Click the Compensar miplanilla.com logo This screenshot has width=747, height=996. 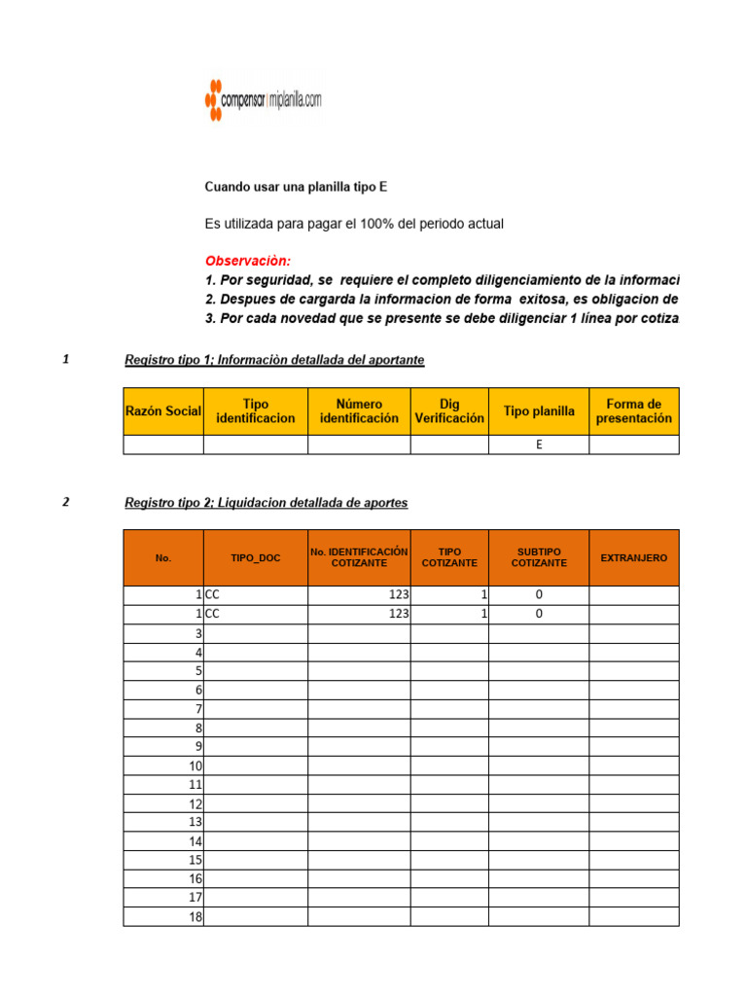tap(263, 98)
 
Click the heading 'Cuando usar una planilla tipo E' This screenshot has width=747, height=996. tap(296, 186)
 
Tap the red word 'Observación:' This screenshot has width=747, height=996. tap(247, 261)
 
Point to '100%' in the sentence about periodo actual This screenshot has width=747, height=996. tap(383, 224)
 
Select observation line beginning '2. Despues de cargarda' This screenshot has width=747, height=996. tap(442, 299)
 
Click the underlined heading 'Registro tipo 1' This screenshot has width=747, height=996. tap(274, 360)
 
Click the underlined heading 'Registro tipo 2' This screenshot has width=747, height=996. tap(267, 503)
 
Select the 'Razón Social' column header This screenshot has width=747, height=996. tap(163, 411)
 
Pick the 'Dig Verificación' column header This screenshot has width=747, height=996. tap(448, 411)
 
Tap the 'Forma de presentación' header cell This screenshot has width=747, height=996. tap(633, 411)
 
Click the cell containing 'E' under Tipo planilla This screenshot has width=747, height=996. tap(539, 445)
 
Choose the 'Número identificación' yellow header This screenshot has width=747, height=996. tap(359, 411)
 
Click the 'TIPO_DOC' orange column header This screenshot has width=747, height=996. tap(255, 558)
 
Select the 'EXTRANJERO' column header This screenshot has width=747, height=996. tap(633, 558)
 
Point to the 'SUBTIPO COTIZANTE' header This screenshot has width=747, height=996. tap(539, 557)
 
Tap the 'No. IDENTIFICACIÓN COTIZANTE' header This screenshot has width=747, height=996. tap(359, 557)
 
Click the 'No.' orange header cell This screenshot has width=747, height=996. tap(162, 558)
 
